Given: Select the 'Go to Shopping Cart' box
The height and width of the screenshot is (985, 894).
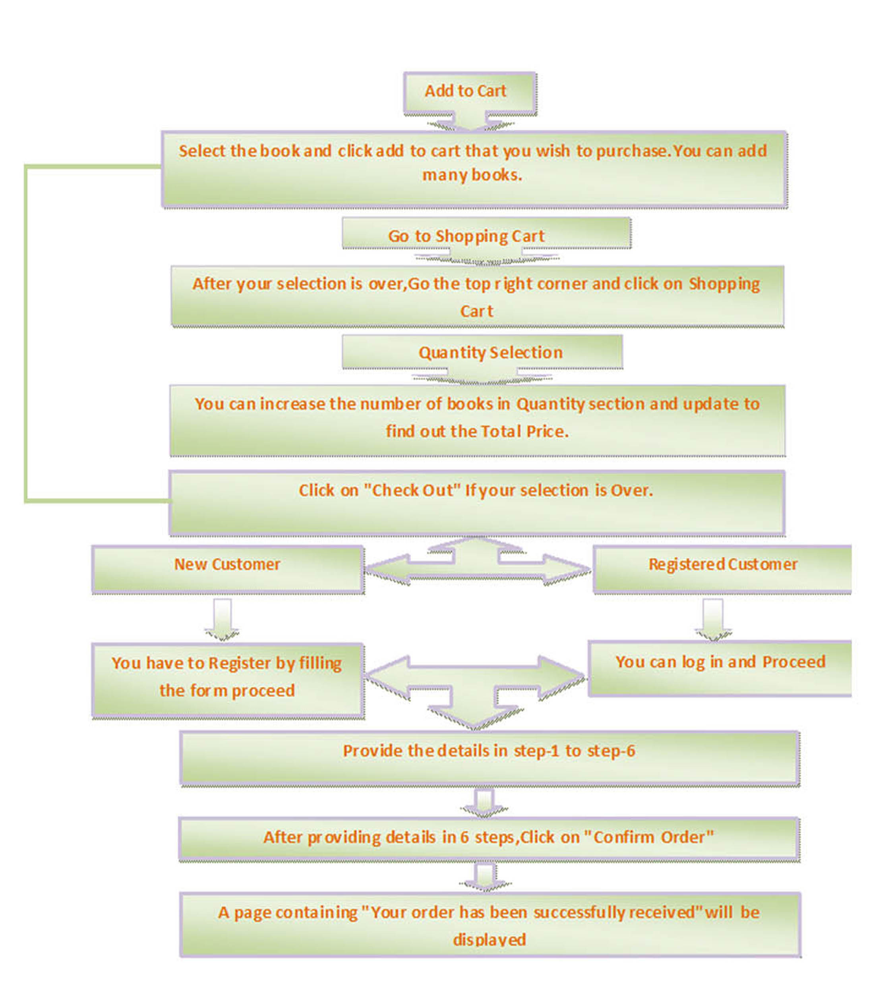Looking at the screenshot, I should pos(486,234).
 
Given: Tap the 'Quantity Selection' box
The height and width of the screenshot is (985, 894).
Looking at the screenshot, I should pos(482,352).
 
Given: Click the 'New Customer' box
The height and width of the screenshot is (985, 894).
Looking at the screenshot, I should pos(228,569).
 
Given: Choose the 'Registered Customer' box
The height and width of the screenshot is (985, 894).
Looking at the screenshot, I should pos(722,569).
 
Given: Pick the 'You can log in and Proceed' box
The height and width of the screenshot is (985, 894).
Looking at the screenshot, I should pos(720,668).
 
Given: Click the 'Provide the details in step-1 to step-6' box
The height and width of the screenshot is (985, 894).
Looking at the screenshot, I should pos(489,758).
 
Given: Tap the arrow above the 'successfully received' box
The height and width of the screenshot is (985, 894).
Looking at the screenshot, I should pos(485,877).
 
